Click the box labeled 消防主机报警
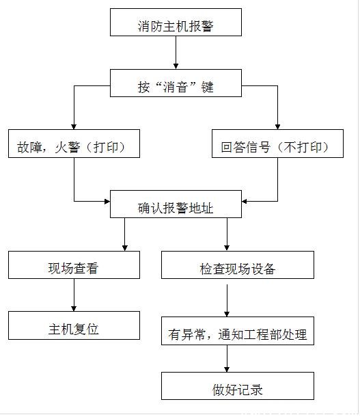(176, 22)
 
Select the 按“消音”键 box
(176, 83)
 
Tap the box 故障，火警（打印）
(74, 144)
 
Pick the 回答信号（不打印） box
(277, 144)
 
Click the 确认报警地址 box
(176, 204)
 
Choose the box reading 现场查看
(74, 265)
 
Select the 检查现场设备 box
(238, 265)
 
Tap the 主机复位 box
(74, 325)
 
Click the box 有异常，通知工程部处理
(238, 331)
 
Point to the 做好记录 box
(238, 386)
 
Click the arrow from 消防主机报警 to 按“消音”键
(176, 53)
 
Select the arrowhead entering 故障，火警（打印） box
(74, 127)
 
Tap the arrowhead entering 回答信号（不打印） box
(277, 127)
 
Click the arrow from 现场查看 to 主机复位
(74, 295)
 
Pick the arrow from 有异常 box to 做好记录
(227, 358)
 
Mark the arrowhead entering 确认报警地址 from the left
(107, 201)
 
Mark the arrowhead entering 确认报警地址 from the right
(245, 201)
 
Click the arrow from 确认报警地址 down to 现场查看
(124, 234)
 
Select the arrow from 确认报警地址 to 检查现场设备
(227, 234)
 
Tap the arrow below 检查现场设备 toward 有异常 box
(227, 301)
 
